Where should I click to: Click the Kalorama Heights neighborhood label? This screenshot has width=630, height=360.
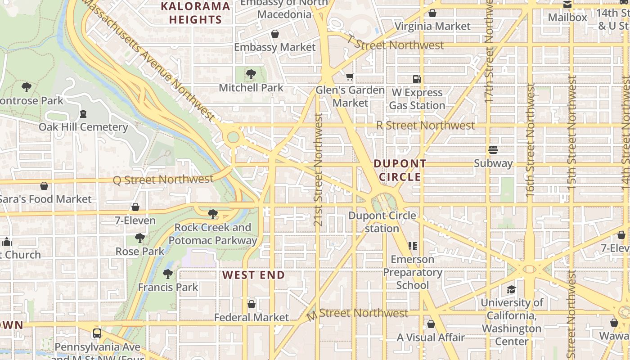195,13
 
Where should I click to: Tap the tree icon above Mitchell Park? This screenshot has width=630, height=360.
251,74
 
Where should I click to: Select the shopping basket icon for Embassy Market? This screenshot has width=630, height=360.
275,34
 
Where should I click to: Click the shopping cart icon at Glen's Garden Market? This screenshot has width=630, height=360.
350,77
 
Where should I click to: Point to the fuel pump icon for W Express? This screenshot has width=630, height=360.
417,79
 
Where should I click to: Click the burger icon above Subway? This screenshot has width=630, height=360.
493,150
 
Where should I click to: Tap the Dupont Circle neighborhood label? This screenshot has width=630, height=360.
400,170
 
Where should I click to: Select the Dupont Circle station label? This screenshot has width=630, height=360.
382,222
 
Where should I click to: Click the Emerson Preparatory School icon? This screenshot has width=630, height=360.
412,246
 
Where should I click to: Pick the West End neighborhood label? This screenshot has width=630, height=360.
254,275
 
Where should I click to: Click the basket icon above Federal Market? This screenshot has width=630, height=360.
252,305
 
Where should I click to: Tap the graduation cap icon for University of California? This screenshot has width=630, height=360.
511,289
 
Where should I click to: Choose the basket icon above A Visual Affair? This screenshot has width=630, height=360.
431,324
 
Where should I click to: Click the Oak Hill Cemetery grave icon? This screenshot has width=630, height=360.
83,114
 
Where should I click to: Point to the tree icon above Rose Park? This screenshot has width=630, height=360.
140,238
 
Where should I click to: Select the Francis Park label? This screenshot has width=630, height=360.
168,287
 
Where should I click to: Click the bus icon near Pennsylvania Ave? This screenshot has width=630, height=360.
97,334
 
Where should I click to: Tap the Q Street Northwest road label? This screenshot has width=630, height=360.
163,180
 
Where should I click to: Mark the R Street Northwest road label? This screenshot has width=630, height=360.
425,126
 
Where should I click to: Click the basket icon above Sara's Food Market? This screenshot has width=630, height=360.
44,186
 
